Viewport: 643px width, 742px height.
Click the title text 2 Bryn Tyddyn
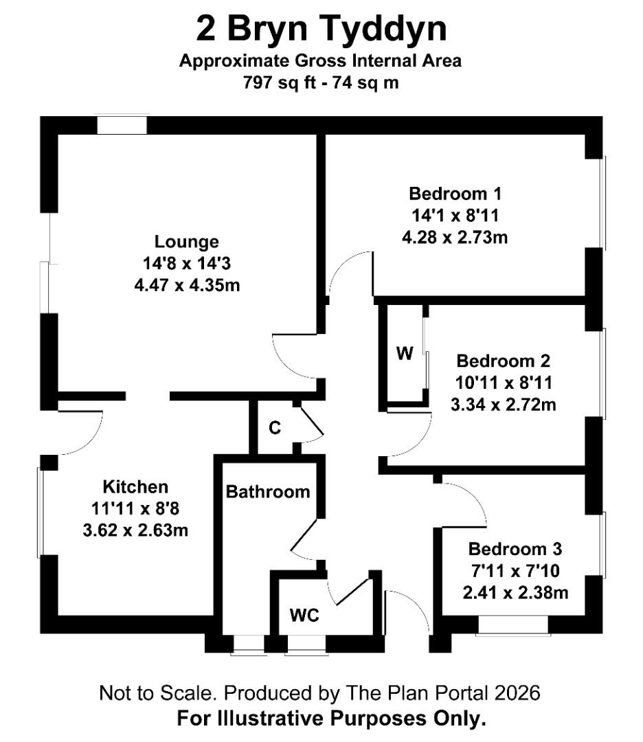tap(321, 30)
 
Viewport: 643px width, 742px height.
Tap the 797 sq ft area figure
tap(278, 82)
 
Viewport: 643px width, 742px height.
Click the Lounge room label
tap(187, 242)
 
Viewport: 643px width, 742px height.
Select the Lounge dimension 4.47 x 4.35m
tap(187, 284)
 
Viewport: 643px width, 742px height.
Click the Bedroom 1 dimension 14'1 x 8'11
tap(450, 215)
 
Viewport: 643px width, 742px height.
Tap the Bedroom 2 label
tap(504, 361)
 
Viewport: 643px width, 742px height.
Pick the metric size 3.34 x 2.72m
tap(504, 405)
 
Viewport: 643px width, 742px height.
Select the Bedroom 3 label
tap(515, 549)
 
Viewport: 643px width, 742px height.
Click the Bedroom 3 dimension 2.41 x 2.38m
tap(516, 592)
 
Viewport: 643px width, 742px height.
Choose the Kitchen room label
tap(135, 487)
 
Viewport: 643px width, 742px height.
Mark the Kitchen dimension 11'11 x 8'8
tap(135, 509)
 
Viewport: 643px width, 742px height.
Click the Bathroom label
tap(268, 492)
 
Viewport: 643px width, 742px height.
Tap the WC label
tap(304, 616)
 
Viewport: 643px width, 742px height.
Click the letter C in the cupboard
tap(275, 429)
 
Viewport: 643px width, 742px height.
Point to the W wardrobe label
tap(405, 354)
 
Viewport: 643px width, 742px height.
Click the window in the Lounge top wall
tap(122, 125)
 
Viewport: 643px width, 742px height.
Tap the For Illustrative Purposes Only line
tap(332, 719)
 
